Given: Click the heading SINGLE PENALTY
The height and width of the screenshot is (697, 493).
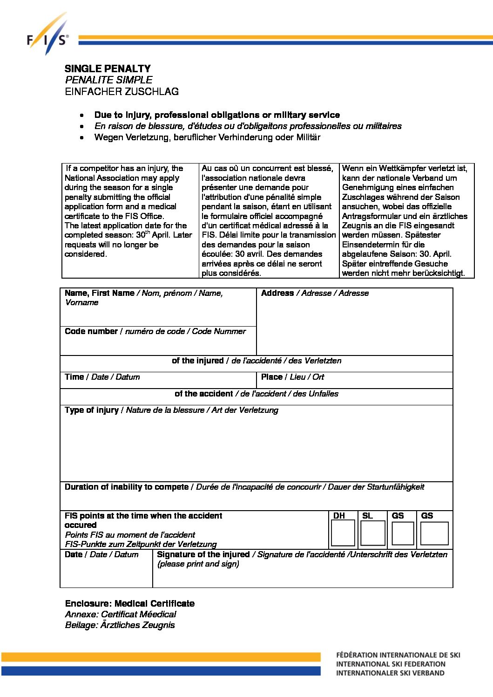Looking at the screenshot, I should [x=108, y=68].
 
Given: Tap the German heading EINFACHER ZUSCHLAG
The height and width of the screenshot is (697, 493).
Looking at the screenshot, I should [x=122, y=91].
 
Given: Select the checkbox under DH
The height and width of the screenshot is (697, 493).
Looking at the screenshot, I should [x=343, y=533].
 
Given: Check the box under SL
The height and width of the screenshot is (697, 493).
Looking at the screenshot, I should [x=373, y=533].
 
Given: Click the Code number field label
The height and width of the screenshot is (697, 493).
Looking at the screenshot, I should [x=91, y=331].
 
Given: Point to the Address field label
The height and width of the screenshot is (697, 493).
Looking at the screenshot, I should [x=277, y=293].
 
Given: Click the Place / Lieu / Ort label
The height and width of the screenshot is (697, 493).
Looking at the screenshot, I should [x=292, y=377].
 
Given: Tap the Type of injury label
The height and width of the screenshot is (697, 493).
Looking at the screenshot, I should [x=92, y=410].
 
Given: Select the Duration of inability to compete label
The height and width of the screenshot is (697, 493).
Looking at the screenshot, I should [x=127, y=487].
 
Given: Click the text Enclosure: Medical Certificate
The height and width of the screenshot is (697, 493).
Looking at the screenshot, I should [x=129, y=603].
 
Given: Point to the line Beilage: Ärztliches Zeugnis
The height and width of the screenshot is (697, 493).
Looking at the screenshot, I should [x=120, y=625].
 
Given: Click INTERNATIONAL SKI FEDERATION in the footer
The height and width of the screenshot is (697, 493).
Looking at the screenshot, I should [x=391, y=664].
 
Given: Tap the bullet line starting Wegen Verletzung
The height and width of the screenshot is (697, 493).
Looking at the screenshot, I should [x=207, y=137].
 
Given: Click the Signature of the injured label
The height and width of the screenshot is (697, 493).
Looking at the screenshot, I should [x=203, y=554].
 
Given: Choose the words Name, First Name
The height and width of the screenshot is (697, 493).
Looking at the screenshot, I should [x=100, y=293].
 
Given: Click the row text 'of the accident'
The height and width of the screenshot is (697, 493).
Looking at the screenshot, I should [x=203, y=394].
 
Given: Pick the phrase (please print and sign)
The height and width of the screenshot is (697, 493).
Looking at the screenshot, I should [x=198, y=564].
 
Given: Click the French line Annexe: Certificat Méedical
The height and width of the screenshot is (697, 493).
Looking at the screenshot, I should [x=121, y=614].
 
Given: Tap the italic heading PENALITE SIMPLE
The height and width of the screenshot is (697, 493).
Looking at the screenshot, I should [x=108, y=80].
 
